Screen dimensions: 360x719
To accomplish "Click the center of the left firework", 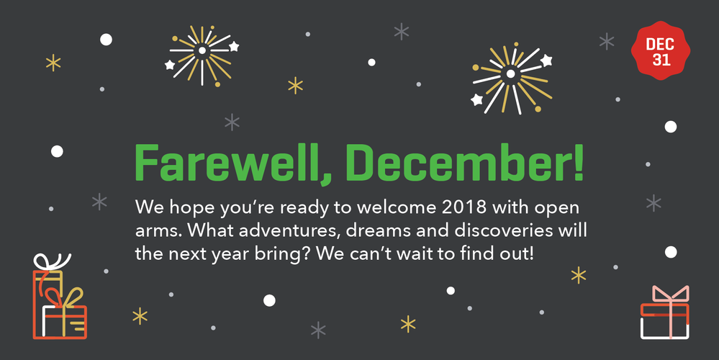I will pos(202,50).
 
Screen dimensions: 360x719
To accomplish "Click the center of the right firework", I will pos(510,73).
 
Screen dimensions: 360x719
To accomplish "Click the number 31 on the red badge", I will pos(661,60).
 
